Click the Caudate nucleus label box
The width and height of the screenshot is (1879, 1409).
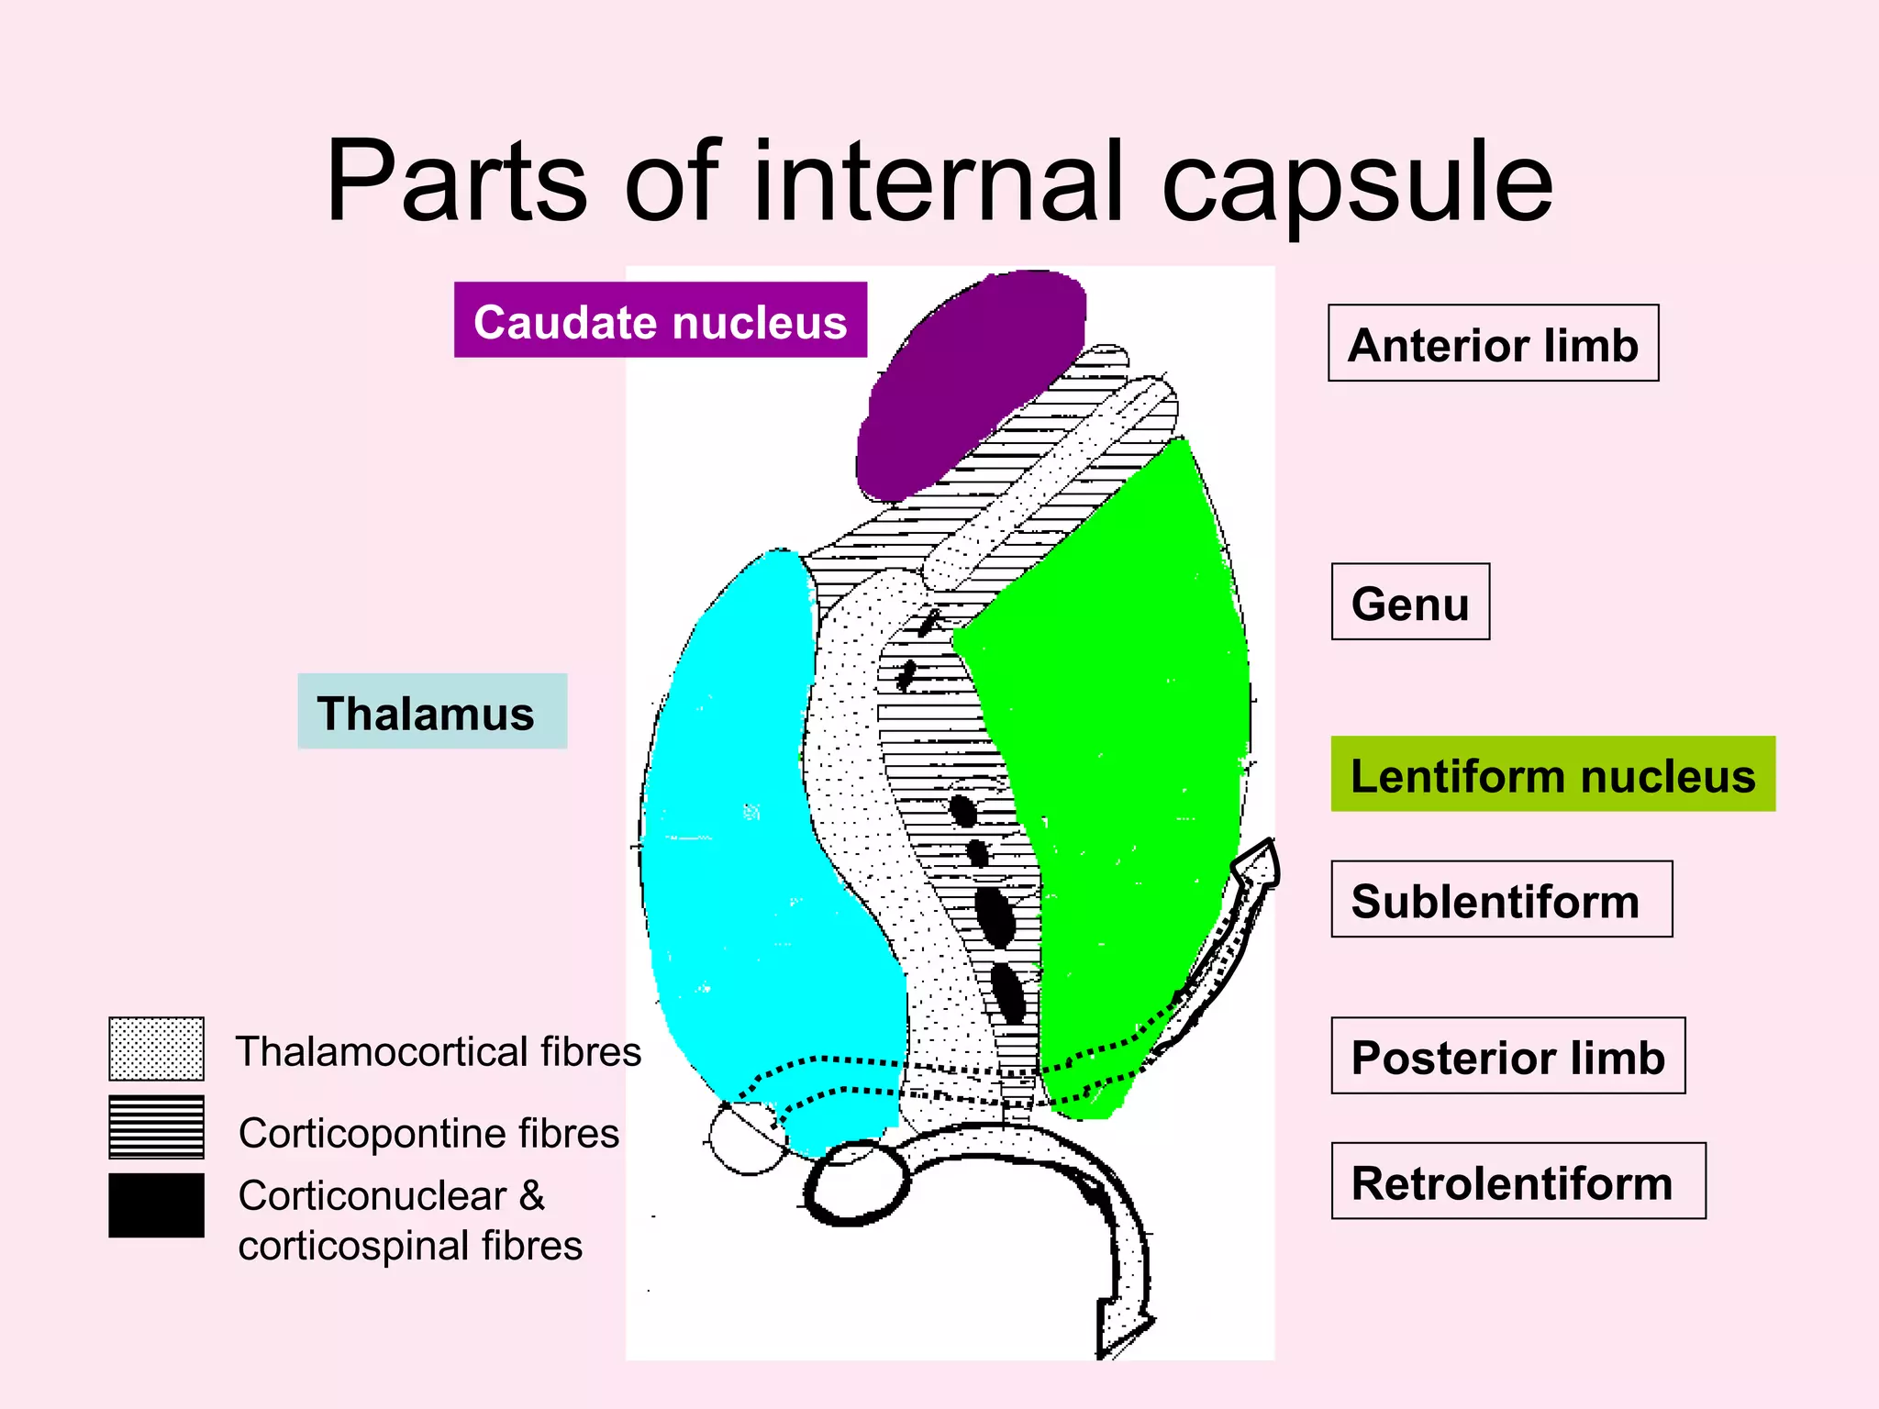click(x=660, y=320)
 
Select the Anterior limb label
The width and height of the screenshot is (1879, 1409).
click(x=1493, y=343)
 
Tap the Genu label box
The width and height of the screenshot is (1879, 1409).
click(x=1410, y=602)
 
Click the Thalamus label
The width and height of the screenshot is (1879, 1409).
click(x=432, y=712)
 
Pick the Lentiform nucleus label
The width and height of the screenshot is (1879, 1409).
click(x=1552, y=774)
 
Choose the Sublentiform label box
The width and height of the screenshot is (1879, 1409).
click(x=1501, y=899)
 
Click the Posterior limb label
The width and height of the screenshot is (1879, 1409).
click(x=1507, y=1056)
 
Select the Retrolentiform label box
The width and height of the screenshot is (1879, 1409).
click(x=1518, y=1181)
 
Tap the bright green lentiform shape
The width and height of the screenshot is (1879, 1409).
click(x=1129, y=734)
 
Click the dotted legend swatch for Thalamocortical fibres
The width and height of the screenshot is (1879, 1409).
click(x=156, y=1048)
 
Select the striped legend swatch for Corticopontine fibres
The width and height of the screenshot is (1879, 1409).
click(x=156, y=1127)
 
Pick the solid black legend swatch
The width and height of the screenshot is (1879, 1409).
click(x=156, y=1205)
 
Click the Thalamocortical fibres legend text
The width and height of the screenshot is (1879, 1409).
click(x=439, y=1051)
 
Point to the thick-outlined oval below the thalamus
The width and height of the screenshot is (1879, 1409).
click(x=856, y=1183)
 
